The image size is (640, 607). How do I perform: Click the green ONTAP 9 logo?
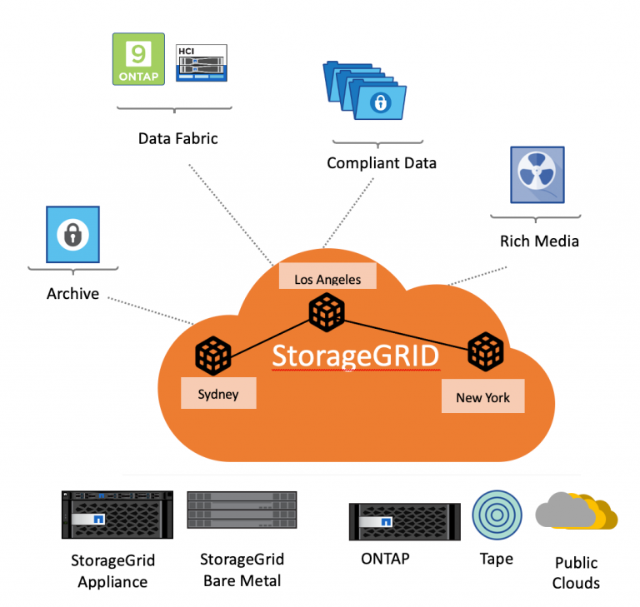(x=138, y=59)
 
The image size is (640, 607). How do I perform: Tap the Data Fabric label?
(x=177, y=138)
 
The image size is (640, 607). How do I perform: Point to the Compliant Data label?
(x=381, y=163)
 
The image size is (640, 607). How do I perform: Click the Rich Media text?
(x=539, y=241)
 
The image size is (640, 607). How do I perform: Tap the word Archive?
(x=72, y=293)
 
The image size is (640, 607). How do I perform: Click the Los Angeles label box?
(x=327, y=278)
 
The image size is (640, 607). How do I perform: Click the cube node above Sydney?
(x=212, y=356)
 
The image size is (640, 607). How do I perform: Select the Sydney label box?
(x=218, y=394)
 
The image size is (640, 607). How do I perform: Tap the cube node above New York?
(x=485, y=352)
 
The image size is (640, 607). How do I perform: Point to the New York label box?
(x=482, y=397)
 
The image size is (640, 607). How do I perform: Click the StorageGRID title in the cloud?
(x=356, y=356)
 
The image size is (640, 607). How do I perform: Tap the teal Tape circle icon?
(x=497, y=515)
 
